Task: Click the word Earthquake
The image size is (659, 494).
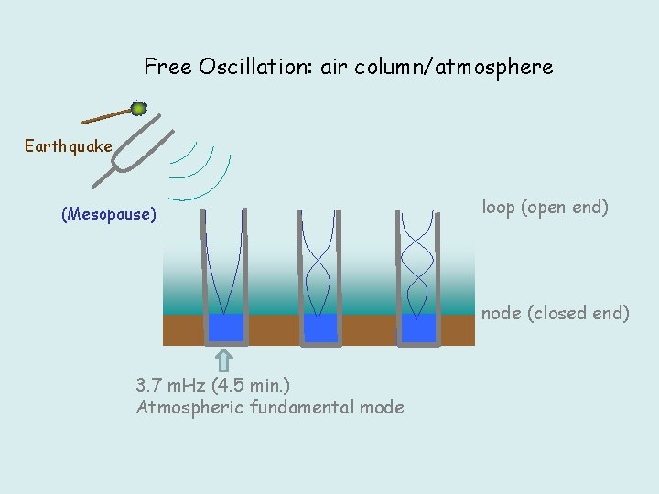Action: [69, 146]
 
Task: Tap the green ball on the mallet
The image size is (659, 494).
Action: [138, 109]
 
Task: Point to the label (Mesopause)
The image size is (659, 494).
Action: [109, 215]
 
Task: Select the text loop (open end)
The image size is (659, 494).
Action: [545, 207]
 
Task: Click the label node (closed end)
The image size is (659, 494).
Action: [555, 313]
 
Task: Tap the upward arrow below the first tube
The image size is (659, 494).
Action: [225, 360]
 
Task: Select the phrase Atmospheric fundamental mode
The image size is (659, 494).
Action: [269, 407]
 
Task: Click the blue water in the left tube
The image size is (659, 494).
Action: [225, 327]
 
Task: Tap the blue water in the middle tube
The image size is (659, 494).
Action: [320, 328]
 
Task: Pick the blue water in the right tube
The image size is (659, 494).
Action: [418, 328]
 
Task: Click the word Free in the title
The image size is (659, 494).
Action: [167, 67]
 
